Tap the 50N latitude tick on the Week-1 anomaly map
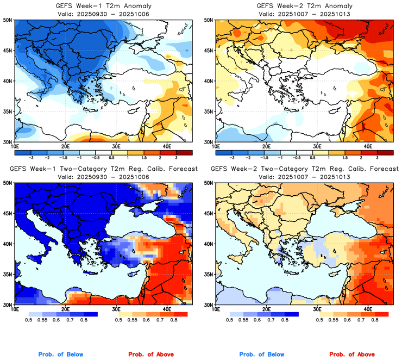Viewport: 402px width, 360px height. coord(9,20)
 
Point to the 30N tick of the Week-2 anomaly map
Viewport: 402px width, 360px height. coord(209,142)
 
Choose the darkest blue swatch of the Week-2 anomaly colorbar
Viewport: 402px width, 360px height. coord(223,152)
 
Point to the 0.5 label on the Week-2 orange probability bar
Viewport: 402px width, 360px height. coord(319,321)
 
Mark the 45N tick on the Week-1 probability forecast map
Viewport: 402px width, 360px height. coord(9,213)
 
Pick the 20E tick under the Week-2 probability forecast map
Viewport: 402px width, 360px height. coord(266,310)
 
